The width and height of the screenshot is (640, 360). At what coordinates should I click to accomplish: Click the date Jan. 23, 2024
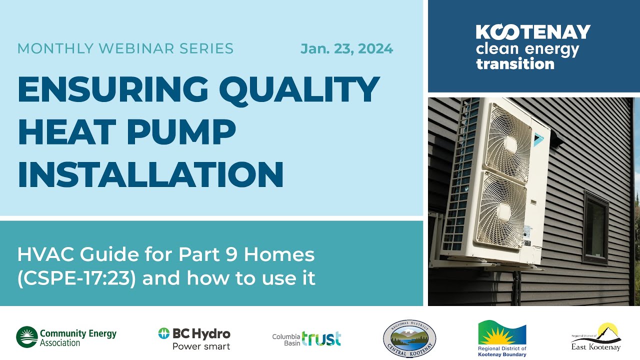[x=346, y=49]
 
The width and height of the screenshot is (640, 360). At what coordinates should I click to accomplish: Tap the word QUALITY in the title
[x=298, y=89]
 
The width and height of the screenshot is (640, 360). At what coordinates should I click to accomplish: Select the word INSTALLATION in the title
[x=150, y=173]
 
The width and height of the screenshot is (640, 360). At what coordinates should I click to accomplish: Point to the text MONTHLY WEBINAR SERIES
[x=125, y=49]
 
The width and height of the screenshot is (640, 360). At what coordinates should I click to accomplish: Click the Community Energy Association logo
[x=66, y=337]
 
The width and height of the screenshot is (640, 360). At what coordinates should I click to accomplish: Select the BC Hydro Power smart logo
[x=194, y=338]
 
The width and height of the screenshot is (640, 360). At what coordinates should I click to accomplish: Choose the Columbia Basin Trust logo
[x=306, y=339]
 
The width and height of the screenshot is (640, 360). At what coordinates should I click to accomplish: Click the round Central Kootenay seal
[x=409, y=339]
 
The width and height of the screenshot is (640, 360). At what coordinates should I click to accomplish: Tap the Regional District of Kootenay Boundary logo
[x=502, y=338]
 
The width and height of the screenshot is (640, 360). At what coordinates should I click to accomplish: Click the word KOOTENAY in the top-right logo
[x=533, y=32]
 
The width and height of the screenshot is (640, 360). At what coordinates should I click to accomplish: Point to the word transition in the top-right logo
[x=515, y=64]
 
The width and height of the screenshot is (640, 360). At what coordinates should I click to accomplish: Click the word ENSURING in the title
[x=113, y=89]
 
